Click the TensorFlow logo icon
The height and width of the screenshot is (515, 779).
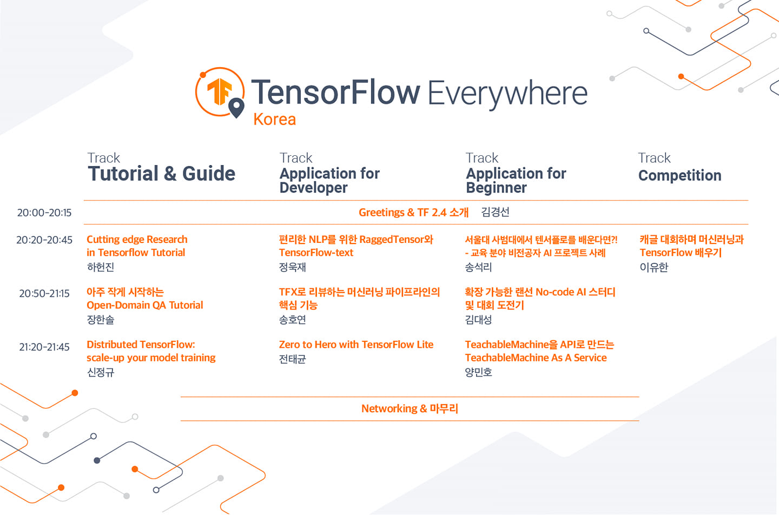pyautogui.click(x=220, y=92)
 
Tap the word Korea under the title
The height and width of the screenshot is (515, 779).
pyautogui.click(x=274, y=119)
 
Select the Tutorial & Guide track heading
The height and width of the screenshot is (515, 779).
pyautogui.click(x=161, y=174)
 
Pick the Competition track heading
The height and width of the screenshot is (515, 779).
pyautogui.click(x=680, y=176)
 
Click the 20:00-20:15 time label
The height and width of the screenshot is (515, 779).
pyautogui.click(x=44, y=213)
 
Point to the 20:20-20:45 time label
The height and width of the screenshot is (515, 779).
pyautogui.click(x=44, y=240)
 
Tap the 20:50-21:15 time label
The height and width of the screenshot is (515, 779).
pyautogui.click(x=44, y=294)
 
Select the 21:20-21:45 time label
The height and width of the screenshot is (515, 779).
pyautogui.click(x=44, y=347)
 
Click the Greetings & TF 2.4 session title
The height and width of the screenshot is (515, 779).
pyautogui.click(x=413, y=212)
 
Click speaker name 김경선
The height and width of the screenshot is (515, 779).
pyautogui.click(x=495, y=212)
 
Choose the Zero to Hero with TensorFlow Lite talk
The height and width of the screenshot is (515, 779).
pyautogui.click(x=356, y=345)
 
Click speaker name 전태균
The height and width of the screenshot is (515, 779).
pyautogui.click(x=293, y=359)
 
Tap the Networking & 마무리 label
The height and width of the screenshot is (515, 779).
pyautogui.click(x=410, y=408)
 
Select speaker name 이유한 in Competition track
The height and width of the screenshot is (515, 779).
pyautogui.click(x=654, y=267)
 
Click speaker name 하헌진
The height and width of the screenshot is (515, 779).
pyautogui.click(x=101, y=267)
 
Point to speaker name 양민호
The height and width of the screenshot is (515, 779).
pyautogui.click(x=479, y=372)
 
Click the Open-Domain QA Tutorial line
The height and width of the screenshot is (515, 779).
pyautogui.click(x=144, y=305)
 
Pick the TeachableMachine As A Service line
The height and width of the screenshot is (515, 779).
pyautogui.click(x=536, y=358)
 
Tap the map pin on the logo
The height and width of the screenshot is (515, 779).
pyautogui.click(x=236, y=108)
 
